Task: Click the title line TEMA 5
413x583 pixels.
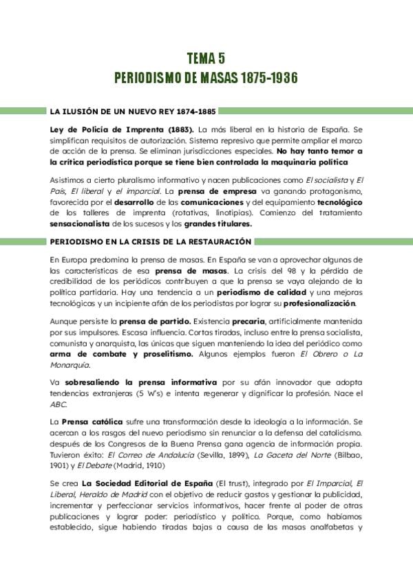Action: pos(206,59)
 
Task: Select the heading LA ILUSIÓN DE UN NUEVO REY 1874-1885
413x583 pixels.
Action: pos(124,110)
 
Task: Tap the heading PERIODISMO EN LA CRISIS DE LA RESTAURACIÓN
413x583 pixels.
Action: pos(150,242)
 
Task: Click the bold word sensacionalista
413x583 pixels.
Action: pos(79,223)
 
